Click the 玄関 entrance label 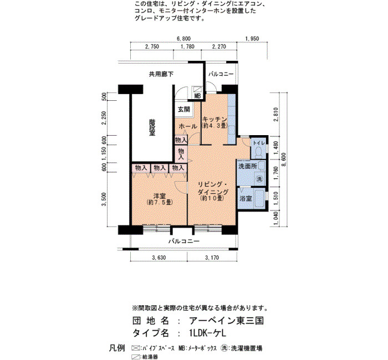pyautogui.click(x=184, y=109)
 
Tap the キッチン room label pyautogui.click(x=215, y=119)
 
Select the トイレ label pyautogui.click(x=259, y=143)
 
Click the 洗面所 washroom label pyautogui.click(x=247, y=166)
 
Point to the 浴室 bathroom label pyautogui.click(x=246, y=198)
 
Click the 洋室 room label pyautogui.click(x=160, y=196)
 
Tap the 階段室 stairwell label pyautogui.click(x=152, y=127)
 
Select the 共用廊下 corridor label pyautogui.click(x=161, y=74)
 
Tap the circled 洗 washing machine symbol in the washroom pyautogui.click(x=259, y=178)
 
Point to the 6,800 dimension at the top pyautogui.click(x=183, y=39)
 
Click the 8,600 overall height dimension pyautogui.click(x=284, y=160)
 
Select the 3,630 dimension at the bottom pyautogui.click(x=159, y=258)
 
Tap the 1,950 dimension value pyautogui.click(x=252, y=39)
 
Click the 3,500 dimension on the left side pyautogui.click(x=104, y=199)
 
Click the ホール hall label pyautogui.click(x=188, y=126)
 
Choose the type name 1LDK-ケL pyautogui.click(x=207, y=333)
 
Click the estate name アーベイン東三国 pyautogui.click(x=226, y=321)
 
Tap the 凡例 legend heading pyautogui.click(x=117, y=348)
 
